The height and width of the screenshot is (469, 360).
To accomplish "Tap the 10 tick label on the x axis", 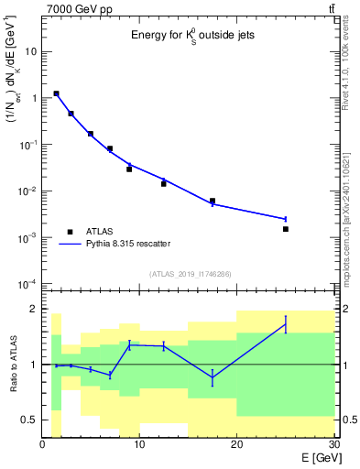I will [139, 445].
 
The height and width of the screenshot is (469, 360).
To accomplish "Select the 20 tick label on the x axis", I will [236, 445].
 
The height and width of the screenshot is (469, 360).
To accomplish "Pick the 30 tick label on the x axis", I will [333, 445].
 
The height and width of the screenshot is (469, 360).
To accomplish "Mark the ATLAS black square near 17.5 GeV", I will [213, 201].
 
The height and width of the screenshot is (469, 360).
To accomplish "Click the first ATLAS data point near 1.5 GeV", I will [57, 93].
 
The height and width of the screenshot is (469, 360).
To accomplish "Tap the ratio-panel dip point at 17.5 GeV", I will [213, 377].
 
